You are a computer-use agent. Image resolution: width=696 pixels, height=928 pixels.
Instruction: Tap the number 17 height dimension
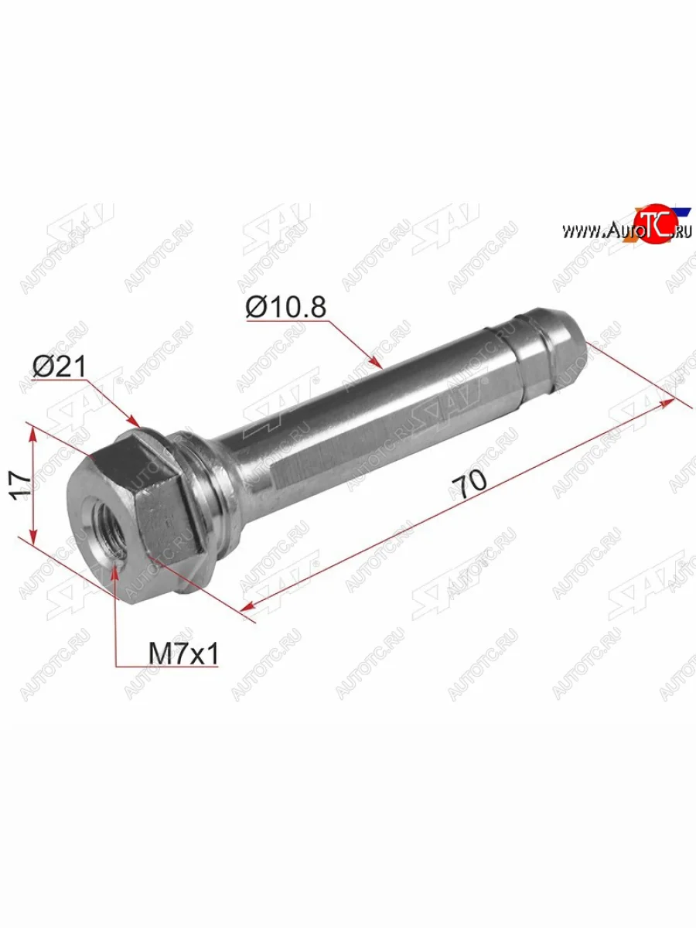[21, 486]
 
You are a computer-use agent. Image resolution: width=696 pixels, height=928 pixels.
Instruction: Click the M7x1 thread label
[183, 655]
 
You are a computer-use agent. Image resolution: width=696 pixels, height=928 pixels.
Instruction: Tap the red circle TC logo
[655, 225]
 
